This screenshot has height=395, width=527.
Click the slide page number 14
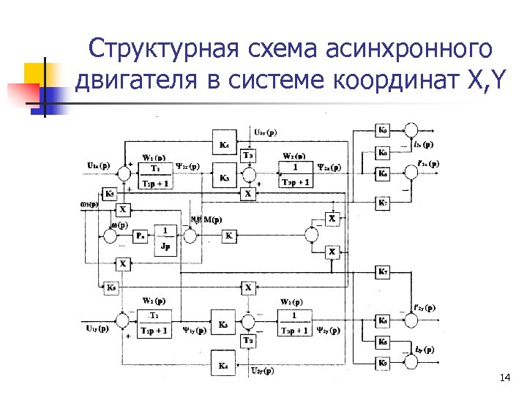[504, 377]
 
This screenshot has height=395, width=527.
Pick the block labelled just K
[229, 236]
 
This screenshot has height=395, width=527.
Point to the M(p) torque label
[213, 219]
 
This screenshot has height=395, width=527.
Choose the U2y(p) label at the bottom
[263, 372]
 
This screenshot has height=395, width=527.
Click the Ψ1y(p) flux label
[193, 330]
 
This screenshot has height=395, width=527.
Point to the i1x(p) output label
[422, 144]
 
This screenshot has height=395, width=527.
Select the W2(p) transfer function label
[296, 156]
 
